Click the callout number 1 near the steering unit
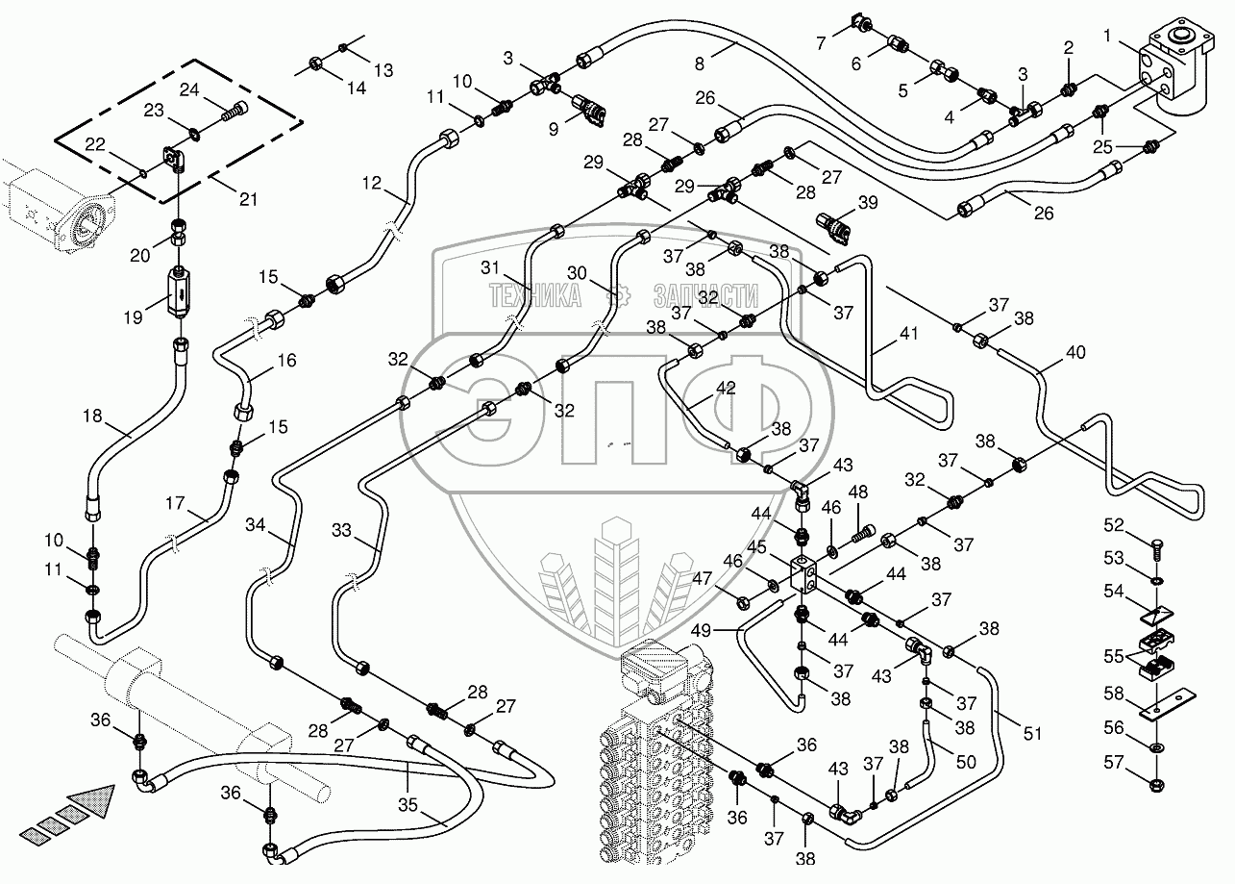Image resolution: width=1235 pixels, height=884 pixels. pyautogui.click(x=1107, y=37)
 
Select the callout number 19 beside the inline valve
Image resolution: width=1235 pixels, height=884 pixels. pyautogui.click(x=133, y=317)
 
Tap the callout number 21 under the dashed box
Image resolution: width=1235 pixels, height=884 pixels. pyautogui.click(x=248, y=199)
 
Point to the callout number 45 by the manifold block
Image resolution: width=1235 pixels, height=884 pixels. pyautogui.click(x=756, y=546)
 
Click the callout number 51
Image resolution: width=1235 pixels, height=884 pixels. pyautogui.click(x=1032, y=733)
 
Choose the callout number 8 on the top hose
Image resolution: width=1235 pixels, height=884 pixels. pyautogui.click(x=699, y=64)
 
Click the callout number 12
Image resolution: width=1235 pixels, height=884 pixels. pyautogui.click(x=372, y=183)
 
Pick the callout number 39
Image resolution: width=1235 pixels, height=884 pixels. pyautogui.click(x=868, y=203)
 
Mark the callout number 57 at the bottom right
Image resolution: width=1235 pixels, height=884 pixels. pyautogui.click(x=1113, y=762)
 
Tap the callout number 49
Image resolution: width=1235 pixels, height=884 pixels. pyautogui.click(x=701, y=630)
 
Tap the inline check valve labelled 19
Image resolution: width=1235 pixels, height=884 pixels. pyautogui.click(x=179, y=292)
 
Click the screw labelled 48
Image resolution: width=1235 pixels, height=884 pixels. pyautogui.click(x=860, y=534)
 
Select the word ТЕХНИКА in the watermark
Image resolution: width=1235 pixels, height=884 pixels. pyautogui.click(x=534, y=295)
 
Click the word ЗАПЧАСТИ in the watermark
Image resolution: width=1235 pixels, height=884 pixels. pyautogui.click(x=705, y=295)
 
